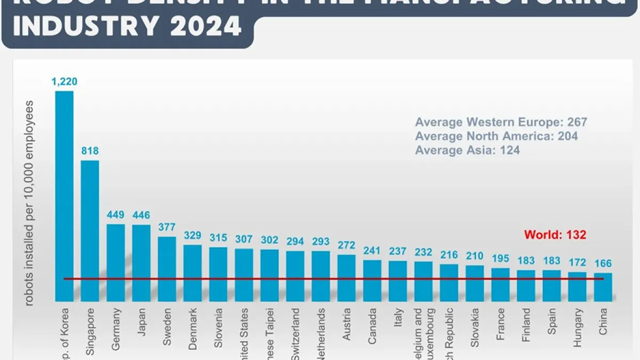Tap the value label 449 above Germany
[116, 215]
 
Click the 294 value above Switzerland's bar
[295, 242]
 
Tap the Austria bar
[347, 278]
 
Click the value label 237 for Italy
[398, 251]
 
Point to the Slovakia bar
[475, 283]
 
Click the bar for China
[603, 287]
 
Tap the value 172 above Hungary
[577, 262]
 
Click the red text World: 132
[555, 235]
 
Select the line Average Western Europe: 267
[501, 122]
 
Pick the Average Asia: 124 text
[467, 150]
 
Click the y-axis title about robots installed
[30, 203]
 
